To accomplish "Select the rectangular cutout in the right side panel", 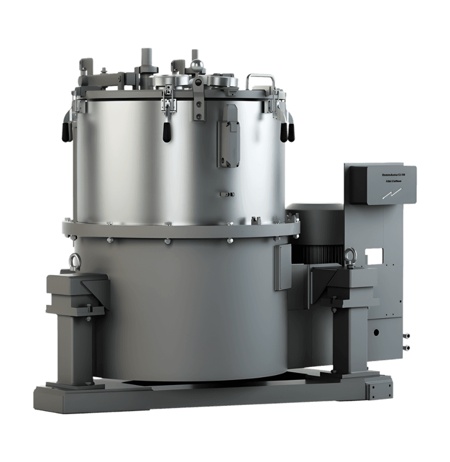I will (x=376, y=254).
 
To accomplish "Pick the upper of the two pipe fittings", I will (x=407, y=336).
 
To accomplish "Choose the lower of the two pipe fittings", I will (x=407, y=348).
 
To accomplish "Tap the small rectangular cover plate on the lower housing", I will (x=282, y=267).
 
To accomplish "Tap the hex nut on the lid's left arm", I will (x=104, y=70).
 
